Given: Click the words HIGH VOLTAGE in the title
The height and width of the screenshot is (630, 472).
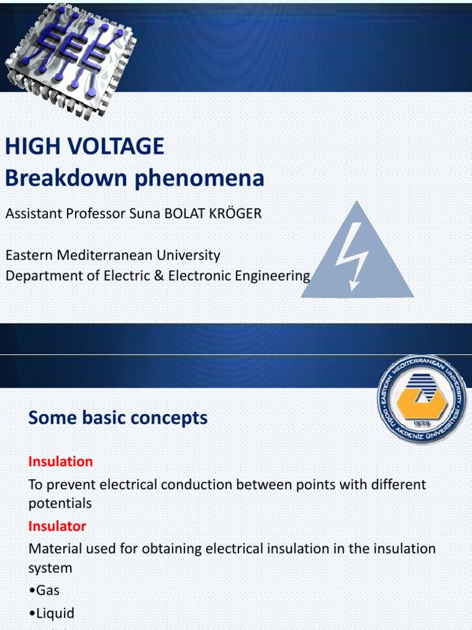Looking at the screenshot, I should click(85, 146).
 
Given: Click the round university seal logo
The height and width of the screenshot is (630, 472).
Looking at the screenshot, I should click(422, 400).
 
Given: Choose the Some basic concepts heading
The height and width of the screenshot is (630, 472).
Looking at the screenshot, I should click(118, 418).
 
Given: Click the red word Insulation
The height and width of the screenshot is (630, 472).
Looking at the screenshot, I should click(61, 461).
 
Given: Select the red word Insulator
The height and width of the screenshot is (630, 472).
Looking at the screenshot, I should click(57, 526).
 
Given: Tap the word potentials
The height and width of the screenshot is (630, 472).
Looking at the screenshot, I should click(60, 503).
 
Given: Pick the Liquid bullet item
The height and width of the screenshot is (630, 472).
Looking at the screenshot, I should click(51, 613).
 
